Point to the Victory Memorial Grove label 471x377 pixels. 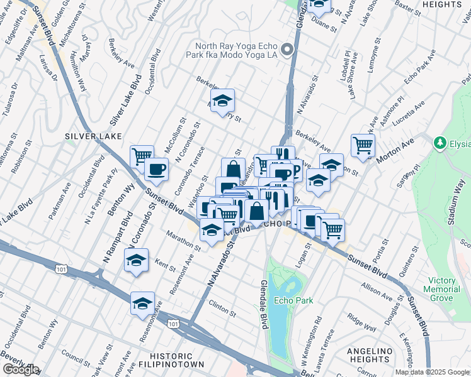pos(450,289)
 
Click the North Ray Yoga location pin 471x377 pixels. pos(288,50)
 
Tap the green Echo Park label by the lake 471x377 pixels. pos(293,301)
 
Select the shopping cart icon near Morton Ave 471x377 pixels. pos(363,145)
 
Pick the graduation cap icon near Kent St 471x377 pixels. pos(136,260)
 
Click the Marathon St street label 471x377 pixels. pos(183,243)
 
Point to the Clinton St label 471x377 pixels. pos(222,308)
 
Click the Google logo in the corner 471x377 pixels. pos(21,369)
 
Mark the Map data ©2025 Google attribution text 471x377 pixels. pos(432,372)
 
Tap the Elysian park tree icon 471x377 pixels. pos(441,144)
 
